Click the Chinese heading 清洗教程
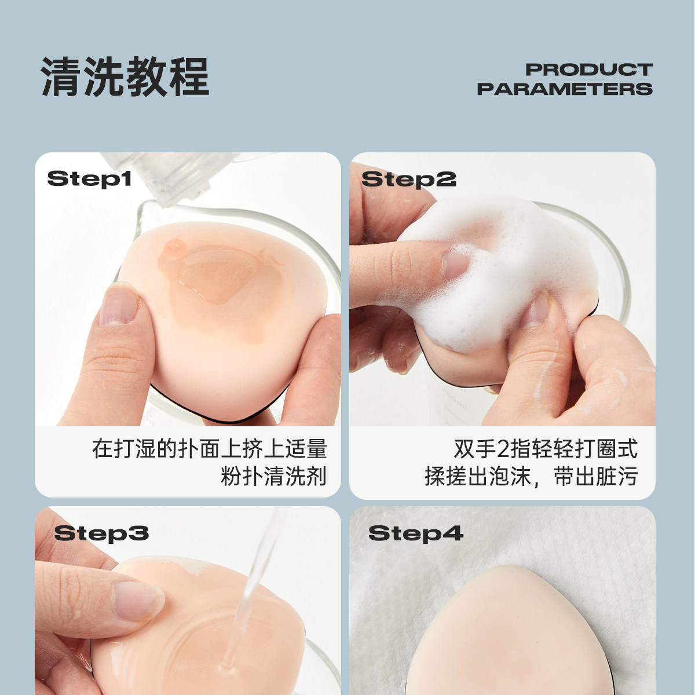(125, 76)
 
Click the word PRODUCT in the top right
(588, 69)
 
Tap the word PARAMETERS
(565, 89)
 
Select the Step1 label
(89, 178)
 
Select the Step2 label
(408, 180)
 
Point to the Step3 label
(101, 533)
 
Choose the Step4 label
(415, 533)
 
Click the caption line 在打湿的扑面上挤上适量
(210, 449)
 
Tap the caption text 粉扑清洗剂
(273, 476)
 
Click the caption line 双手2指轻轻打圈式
(545, 449)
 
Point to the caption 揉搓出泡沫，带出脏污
(531, 476)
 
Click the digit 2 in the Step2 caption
(502, 449)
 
